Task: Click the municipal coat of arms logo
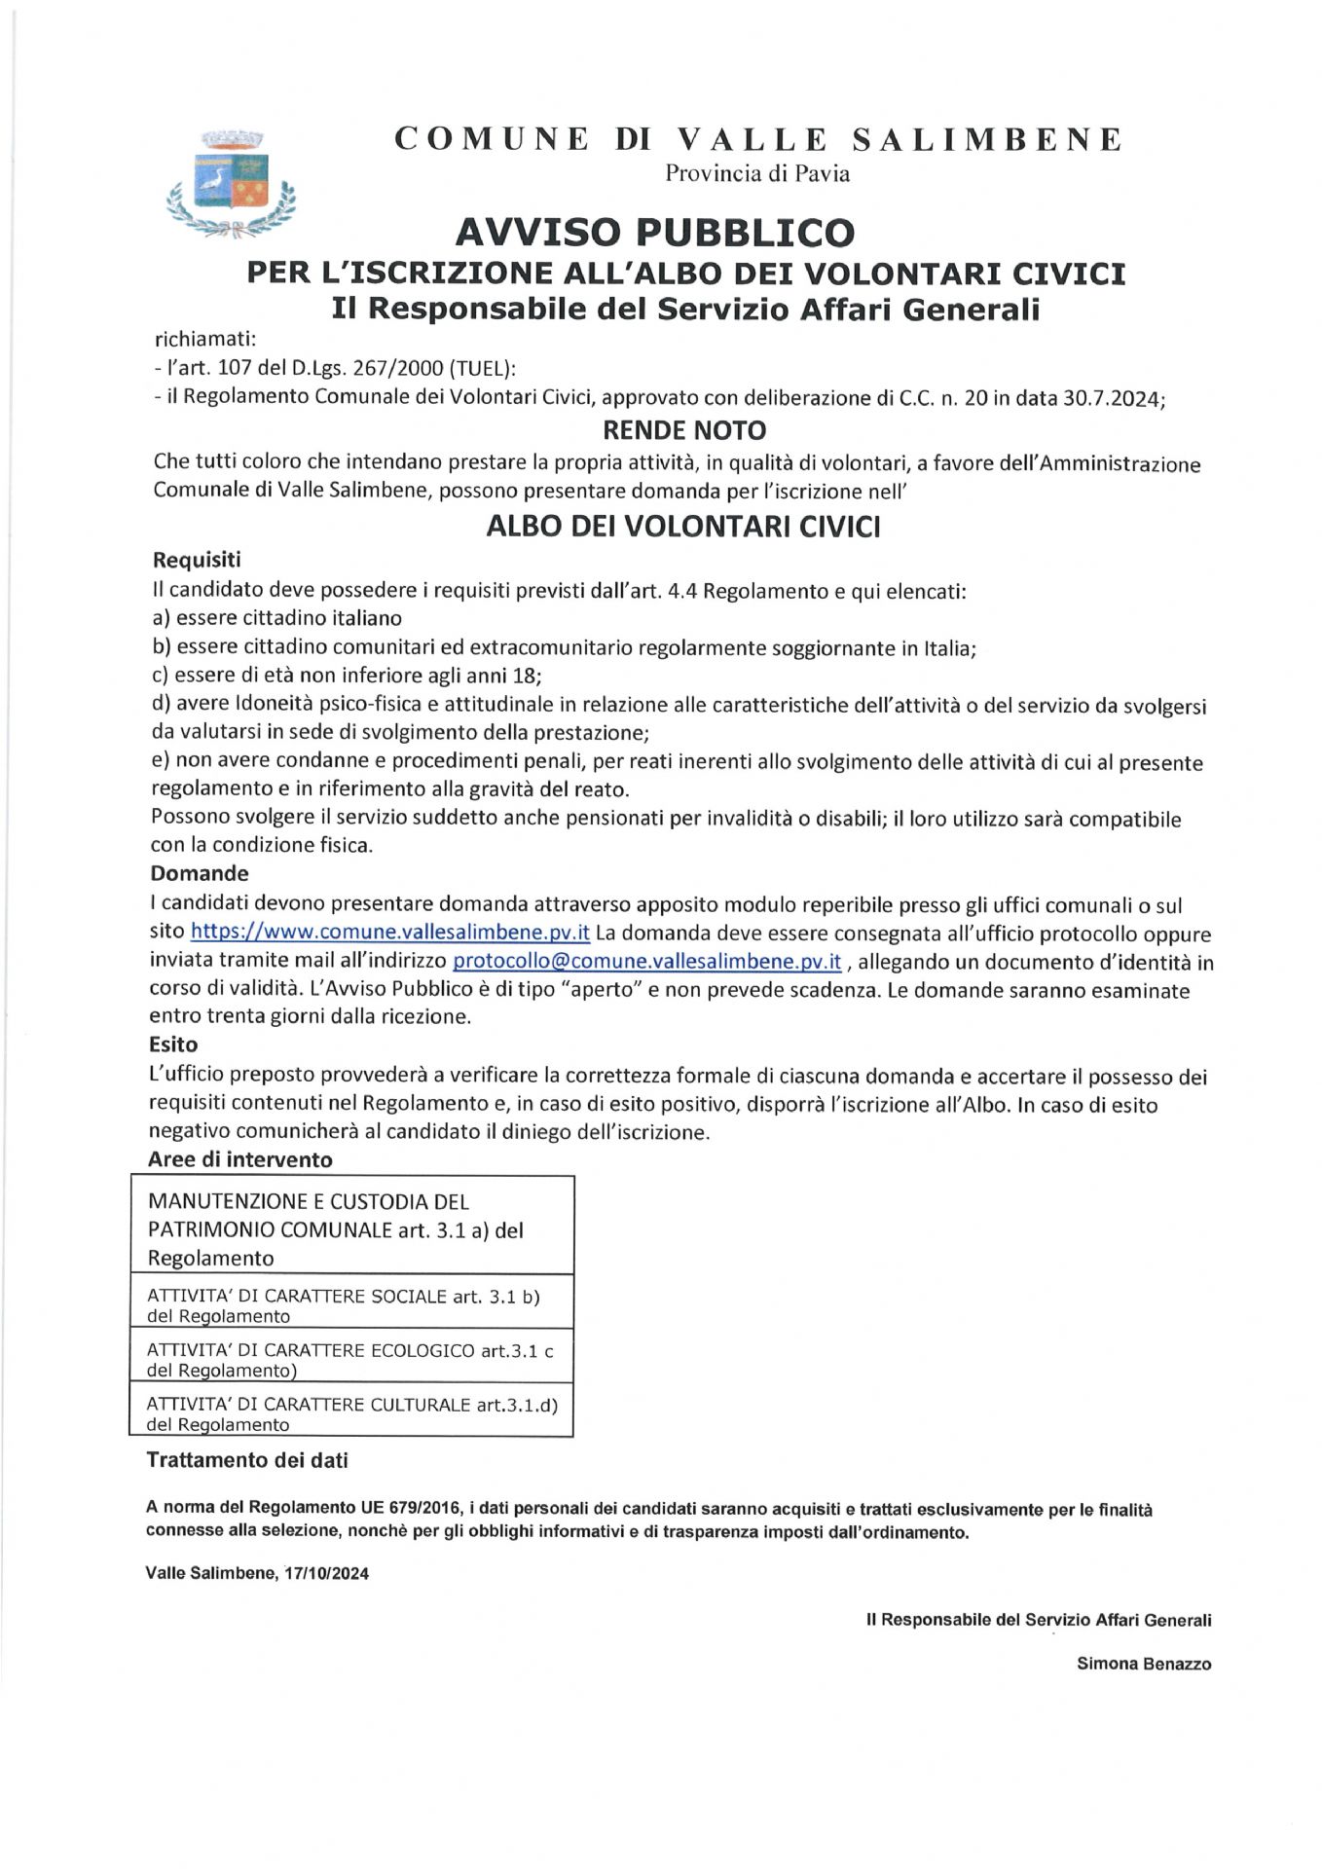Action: pos(232,184)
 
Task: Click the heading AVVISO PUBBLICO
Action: pos(654,233)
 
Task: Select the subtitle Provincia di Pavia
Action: pos(757,174)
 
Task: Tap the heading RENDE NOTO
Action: pos(684,430)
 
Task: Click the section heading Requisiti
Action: pos(197,560)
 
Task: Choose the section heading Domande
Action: pos(200,873)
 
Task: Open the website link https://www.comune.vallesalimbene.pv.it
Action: pos(389,932)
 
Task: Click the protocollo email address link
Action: pos(646,962)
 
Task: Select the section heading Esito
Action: pos(173,1044)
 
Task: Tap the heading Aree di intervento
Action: pos(239,1159)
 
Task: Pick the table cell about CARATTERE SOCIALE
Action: pos(350,1305)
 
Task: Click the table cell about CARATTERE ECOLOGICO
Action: pos(350,1360)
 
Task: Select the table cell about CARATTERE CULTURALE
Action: pos(350,1413)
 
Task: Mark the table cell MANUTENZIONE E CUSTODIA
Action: pos(350,1229)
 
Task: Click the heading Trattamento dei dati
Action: pos(246,1460)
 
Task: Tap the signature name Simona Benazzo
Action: pos(1143,1664)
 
